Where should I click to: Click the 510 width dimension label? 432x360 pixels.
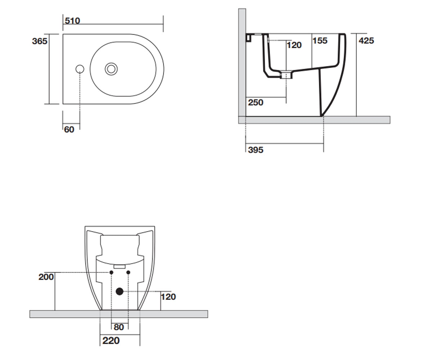72,21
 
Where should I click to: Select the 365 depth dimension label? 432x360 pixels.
40,41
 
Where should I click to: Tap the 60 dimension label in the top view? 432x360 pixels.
69,130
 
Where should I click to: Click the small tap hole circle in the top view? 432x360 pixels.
80,69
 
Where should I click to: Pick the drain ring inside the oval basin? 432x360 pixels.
111,69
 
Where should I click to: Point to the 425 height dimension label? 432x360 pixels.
366,41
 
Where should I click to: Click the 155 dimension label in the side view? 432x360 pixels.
320,41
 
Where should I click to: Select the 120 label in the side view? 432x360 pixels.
294,45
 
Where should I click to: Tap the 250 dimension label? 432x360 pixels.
256,102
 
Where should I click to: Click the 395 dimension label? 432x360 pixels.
256,150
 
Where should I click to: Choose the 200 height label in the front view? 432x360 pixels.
46,277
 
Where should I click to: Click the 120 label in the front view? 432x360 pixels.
168,297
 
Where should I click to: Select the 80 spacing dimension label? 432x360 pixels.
119,327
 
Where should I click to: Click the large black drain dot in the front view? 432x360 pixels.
120,292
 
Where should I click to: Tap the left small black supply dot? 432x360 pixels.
111,273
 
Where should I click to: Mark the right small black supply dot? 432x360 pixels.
128,273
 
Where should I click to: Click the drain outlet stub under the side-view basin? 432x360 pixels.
286,75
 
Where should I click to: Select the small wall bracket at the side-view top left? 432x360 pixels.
248,37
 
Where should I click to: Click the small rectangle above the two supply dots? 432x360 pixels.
120,266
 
